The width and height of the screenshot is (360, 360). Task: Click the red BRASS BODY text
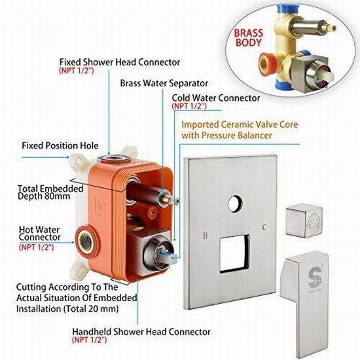click(x=249, y=38)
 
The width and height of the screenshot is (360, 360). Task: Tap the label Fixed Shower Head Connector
click(x=120, y=62)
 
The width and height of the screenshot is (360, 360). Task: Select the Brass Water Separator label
click(x=164, y=83)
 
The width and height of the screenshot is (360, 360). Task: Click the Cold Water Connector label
click(x=216, y=98)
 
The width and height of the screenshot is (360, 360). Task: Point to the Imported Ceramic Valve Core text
click(x=240, y=124)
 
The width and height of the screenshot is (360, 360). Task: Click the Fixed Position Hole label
click(x=60, y=145)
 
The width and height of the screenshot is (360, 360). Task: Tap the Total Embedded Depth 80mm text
click(x=50, y=192)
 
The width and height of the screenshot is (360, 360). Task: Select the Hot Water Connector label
click(x=39, y=234)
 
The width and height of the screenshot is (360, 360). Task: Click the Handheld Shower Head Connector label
click(x=141, y=332)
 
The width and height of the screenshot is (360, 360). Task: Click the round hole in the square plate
click(x=235, y=204)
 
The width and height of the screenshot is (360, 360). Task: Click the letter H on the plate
click(x=206, y=235)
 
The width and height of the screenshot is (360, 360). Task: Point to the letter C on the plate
click(x=264, y=227)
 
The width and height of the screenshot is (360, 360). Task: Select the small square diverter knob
click(x=304, y=221)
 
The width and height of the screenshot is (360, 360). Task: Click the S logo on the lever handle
click(x=314, y=278)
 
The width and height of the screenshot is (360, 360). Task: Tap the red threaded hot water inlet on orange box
click(x=87, y=242)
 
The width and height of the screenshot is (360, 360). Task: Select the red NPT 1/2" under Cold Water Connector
click(x=189, y=106)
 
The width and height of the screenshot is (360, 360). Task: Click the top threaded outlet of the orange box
click(x=113, y=158)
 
